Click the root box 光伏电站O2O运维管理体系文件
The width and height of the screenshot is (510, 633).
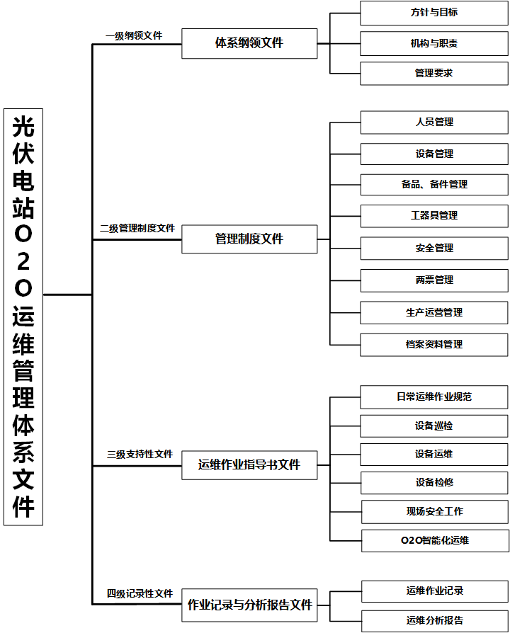(x=23, y=317)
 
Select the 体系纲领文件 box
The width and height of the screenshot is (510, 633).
(x=249, y=44)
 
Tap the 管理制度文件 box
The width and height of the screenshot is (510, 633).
(x=249, y=239)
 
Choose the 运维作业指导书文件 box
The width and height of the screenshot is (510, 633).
(x=249, y=465)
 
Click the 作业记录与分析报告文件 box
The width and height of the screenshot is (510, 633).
(x=249, y=605)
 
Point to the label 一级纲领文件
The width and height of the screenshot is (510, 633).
(x=134, y=35)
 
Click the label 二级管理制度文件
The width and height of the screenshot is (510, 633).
(x=137, y=228)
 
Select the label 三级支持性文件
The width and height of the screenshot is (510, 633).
(x=140, y=454)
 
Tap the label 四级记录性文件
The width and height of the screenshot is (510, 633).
(x=140, y=593)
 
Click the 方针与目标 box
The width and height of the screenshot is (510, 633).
(x=434, y=13)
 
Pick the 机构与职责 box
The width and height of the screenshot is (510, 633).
(x=434, y=44)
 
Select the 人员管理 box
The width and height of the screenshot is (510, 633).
(x=434, y=122)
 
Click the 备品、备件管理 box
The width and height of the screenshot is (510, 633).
(x=434, y=185)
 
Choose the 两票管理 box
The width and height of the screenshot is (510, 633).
(x=434, y=280)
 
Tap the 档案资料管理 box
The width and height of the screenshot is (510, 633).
(x=434, y=345)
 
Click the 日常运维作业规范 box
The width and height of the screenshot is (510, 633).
(x=434, y=397)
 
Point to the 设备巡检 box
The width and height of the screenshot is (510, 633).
(x=434, y=426)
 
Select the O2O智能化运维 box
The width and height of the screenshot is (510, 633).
(x=436, y=541)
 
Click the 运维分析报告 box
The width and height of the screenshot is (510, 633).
(x=435, y=621)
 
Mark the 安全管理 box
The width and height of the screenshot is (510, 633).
(x=434, y=249)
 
